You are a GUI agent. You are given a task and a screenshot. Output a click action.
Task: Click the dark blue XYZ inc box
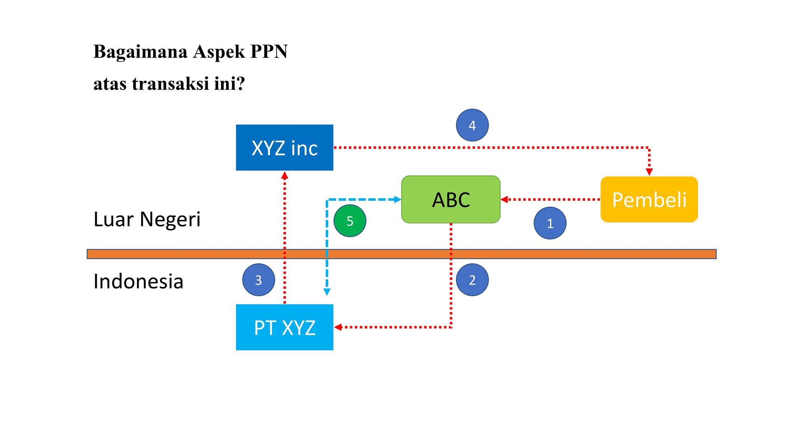(x=285, y=148)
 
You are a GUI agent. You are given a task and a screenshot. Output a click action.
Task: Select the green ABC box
(x=451, y=199)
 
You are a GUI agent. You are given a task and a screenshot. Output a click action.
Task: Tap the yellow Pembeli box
(x=649, y=199)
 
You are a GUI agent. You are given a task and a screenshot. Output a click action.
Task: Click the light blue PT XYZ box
(x=285, y=327)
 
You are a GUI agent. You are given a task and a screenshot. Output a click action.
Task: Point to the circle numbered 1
(x=550, y=223)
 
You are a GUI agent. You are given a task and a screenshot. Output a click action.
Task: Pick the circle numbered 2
(x=472, y=280)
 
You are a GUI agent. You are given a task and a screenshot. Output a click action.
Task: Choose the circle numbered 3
(x=258, y=280)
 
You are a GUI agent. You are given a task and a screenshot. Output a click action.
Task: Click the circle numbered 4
(x=472, y=125)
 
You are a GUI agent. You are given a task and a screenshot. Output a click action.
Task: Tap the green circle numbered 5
(x=350, y=221)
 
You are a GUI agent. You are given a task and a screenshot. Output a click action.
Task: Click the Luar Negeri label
(x=147, y=219)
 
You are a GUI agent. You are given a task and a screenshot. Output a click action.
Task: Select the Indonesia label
(x=138, y=281)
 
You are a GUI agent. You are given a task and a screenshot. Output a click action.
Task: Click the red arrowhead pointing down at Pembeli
(x=649, y=171)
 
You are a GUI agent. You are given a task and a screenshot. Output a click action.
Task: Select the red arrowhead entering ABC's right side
(x=504, y=200)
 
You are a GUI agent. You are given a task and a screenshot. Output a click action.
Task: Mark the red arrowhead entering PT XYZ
(x=338, y=327)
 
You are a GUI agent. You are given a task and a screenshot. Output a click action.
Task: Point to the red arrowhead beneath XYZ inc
(x=285, y=175)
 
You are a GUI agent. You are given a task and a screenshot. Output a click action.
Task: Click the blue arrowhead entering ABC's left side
(x=398, y=200)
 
